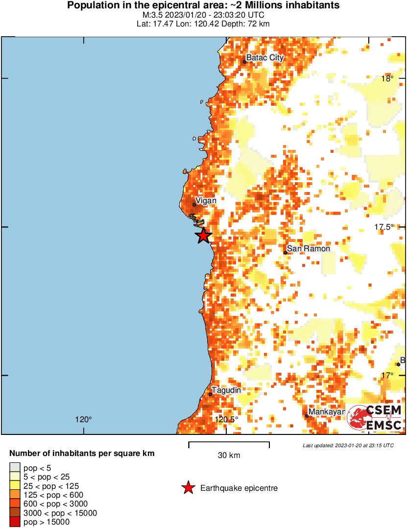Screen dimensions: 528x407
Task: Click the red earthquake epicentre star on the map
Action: coord(204,236)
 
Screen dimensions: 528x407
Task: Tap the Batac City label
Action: coord(264,58)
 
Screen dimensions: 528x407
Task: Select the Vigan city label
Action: coord(206,200)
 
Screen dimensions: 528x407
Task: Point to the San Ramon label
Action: coord(308,249)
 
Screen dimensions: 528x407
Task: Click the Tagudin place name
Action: coord(226,390)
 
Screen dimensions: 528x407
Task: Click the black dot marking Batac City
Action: coord(245,62)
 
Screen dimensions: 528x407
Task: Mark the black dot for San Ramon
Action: coord(286,253)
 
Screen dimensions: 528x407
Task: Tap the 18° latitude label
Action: coord(387,79)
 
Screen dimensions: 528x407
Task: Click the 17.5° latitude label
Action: coord(384,227)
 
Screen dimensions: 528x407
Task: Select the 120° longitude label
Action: coord(84,419)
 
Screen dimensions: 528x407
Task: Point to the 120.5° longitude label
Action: coord(226,419)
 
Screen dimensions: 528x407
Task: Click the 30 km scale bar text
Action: coord(229,456)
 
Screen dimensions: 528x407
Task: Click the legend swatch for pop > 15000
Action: coord(15,522)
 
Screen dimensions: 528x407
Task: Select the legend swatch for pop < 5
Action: coord(15,468)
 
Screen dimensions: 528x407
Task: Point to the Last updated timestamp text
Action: coord(348,445)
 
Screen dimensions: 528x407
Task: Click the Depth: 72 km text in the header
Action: coord(245,24)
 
